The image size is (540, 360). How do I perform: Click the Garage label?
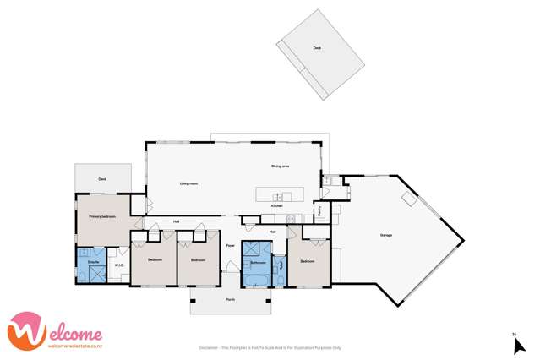click(385, 235)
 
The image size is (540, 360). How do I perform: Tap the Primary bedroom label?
click(101, 216)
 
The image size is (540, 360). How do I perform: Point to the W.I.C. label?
click(120, 262)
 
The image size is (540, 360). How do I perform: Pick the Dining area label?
click(281, 166)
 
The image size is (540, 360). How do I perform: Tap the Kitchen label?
click(275, 205)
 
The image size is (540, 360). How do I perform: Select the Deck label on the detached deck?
click(317, 49)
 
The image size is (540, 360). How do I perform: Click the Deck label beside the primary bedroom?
click(101, 179)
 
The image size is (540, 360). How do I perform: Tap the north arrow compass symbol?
click(520, 344)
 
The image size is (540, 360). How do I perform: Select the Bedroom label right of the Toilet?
click(307, 261)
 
